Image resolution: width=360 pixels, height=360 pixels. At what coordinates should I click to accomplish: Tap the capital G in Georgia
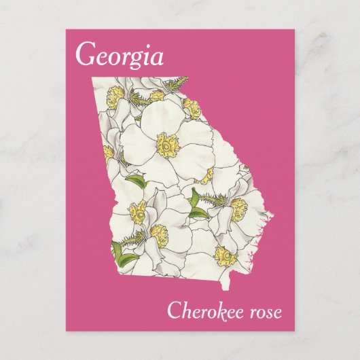[86, 54]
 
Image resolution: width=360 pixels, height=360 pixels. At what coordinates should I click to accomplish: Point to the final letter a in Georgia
[157, 58]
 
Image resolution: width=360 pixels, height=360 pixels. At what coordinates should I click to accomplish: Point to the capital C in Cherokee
[173, 312]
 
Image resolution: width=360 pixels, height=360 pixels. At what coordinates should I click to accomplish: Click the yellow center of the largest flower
[167, 143]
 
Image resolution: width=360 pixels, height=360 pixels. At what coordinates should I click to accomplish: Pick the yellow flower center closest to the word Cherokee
[225, 255]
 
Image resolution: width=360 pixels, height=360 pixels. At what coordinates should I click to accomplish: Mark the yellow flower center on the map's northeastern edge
[192, 107]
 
